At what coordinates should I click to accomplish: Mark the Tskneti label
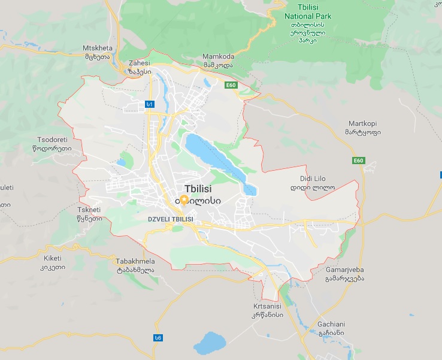click(90, 214)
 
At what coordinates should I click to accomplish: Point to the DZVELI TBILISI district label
click(170, 219)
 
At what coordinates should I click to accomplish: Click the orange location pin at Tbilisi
click(184, 201)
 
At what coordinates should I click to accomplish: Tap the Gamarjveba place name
click(344, 274)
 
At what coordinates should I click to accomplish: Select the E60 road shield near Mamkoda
click(231, 86)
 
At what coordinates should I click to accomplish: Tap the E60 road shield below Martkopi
click(358, 161)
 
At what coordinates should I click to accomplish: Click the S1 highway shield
click(149, 104)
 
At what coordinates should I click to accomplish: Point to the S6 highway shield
click(158, 338)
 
